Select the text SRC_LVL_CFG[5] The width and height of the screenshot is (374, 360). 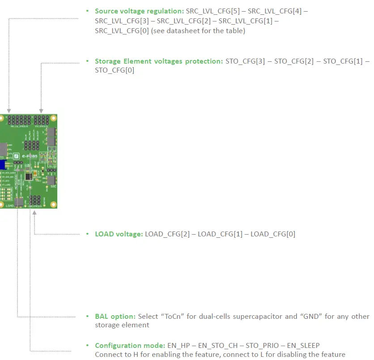click(x=210, y=11)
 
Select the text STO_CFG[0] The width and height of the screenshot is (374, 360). click(x=115, y=70)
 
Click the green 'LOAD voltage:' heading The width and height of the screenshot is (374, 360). click(x=119, y=234)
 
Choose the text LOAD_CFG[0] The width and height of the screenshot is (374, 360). click(x=273, y=234)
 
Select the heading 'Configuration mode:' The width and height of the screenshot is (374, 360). click(x=127, y=345)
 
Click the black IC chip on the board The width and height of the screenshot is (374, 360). click(x=28, y=177)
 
